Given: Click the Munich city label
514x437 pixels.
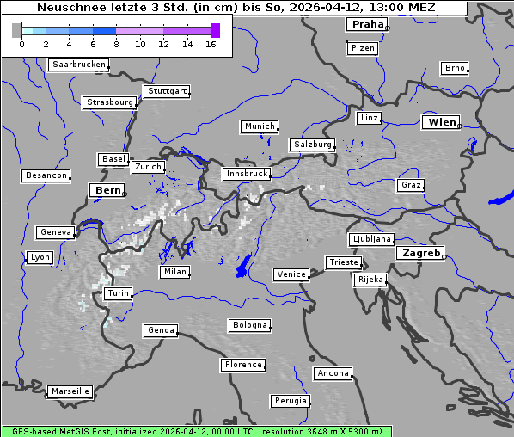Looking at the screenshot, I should [260, 126].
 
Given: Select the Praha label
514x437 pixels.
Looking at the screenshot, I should [367, 24].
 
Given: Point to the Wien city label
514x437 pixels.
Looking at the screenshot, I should [443, 122].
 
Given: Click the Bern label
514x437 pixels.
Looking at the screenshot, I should [108, 190].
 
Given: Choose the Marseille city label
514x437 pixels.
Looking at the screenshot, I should [70, 391].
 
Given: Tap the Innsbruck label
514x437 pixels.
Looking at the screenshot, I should [246, 174].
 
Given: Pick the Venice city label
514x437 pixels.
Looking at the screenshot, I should [291, 274].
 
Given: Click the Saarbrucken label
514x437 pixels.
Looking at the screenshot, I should [79, 65].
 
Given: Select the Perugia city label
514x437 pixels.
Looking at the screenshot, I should [291, 401].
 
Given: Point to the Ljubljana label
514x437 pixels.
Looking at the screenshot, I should [371, 239].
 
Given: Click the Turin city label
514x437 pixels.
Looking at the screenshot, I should [118, 293].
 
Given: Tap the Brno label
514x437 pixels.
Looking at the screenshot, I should [455, 68].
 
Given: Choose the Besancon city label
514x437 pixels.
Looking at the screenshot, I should [46, 175].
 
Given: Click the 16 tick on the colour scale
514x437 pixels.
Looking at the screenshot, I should [211, 44].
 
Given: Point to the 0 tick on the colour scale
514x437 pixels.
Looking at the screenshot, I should [21, 44].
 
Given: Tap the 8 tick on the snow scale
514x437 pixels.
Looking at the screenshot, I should [116, 44].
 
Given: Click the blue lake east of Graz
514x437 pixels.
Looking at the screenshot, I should [501, 197].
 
